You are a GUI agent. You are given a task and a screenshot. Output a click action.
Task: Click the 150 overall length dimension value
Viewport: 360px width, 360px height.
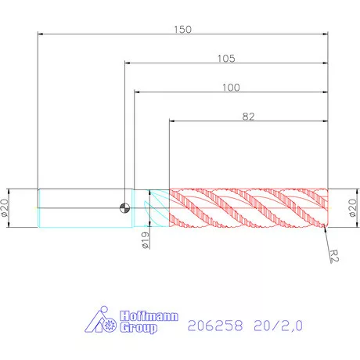[182, 30]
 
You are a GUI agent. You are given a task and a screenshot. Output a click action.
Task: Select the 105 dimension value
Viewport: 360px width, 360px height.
[226, 59]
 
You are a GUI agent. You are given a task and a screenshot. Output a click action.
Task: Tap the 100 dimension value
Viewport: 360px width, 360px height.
[231, 88]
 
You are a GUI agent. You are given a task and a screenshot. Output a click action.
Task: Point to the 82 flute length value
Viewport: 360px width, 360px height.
[248, 117]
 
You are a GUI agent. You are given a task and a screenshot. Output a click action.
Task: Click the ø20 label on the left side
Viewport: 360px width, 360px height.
[5, 207]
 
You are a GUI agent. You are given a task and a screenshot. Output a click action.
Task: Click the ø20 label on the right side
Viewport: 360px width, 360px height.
[353, 207]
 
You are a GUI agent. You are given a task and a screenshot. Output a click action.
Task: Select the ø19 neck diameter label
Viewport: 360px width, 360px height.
[146, 240]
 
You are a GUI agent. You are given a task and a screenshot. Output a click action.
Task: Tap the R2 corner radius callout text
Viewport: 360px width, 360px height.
[334, 256]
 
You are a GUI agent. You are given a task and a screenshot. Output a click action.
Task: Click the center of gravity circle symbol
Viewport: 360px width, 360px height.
[124, 208]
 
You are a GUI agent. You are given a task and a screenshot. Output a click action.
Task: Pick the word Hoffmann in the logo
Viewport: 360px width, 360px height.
[149, 316]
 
